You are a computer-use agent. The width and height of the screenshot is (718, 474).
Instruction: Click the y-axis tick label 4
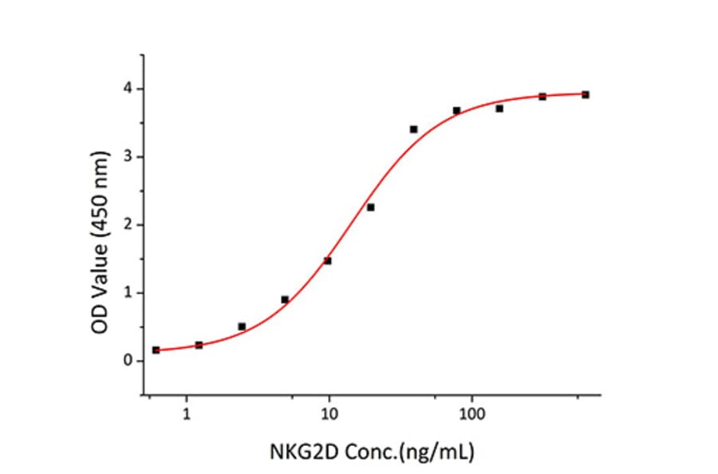click(x=128, y=89)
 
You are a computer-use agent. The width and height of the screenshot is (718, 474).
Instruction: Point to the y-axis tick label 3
click(x=128, y=156)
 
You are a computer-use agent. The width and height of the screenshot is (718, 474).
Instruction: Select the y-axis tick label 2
click(x=128, y=224)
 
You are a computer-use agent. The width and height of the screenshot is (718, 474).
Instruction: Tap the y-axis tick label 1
click(x=128, y=293)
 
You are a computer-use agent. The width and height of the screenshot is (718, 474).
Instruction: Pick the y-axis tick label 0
click(x=128, y=361)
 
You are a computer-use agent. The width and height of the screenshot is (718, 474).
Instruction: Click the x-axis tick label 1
click(x=187, y=414)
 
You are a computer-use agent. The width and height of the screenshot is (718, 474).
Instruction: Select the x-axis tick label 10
click(x=329, y=414)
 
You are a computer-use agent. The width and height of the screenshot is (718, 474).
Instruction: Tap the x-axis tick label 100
click(x=471, y=414)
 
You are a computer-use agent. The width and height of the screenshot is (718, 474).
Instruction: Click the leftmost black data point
click(x=156, y=350)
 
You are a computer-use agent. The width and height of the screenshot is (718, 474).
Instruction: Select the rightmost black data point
click(x=586, y=94)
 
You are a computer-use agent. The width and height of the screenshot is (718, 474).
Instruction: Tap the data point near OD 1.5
click(x=328, y=261)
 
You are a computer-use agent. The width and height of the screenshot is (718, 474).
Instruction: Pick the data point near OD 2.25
click(x=371, y=207)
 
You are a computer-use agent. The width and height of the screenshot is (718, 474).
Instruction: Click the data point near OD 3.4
click(x=413, y=129)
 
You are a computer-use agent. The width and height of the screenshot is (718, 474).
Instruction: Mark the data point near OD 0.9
click(x=285, y=299)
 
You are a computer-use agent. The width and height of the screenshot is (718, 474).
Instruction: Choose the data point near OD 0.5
click(x=242, y=326)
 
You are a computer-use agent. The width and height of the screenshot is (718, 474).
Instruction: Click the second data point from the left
click(x=199, y=345)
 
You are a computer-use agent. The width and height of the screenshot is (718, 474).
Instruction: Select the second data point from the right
click(x=542, y=97)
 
